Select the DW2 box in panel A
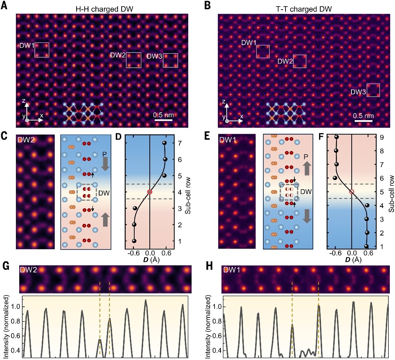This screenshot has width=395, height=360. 134,60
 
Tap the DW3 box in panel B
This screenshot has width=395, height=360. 373,90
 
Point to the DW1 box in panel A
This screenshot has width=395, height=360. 42,50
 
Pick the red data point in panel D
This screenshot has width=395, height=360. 149,192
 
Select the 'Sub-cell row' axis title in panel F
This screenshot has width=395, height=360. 391,191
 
